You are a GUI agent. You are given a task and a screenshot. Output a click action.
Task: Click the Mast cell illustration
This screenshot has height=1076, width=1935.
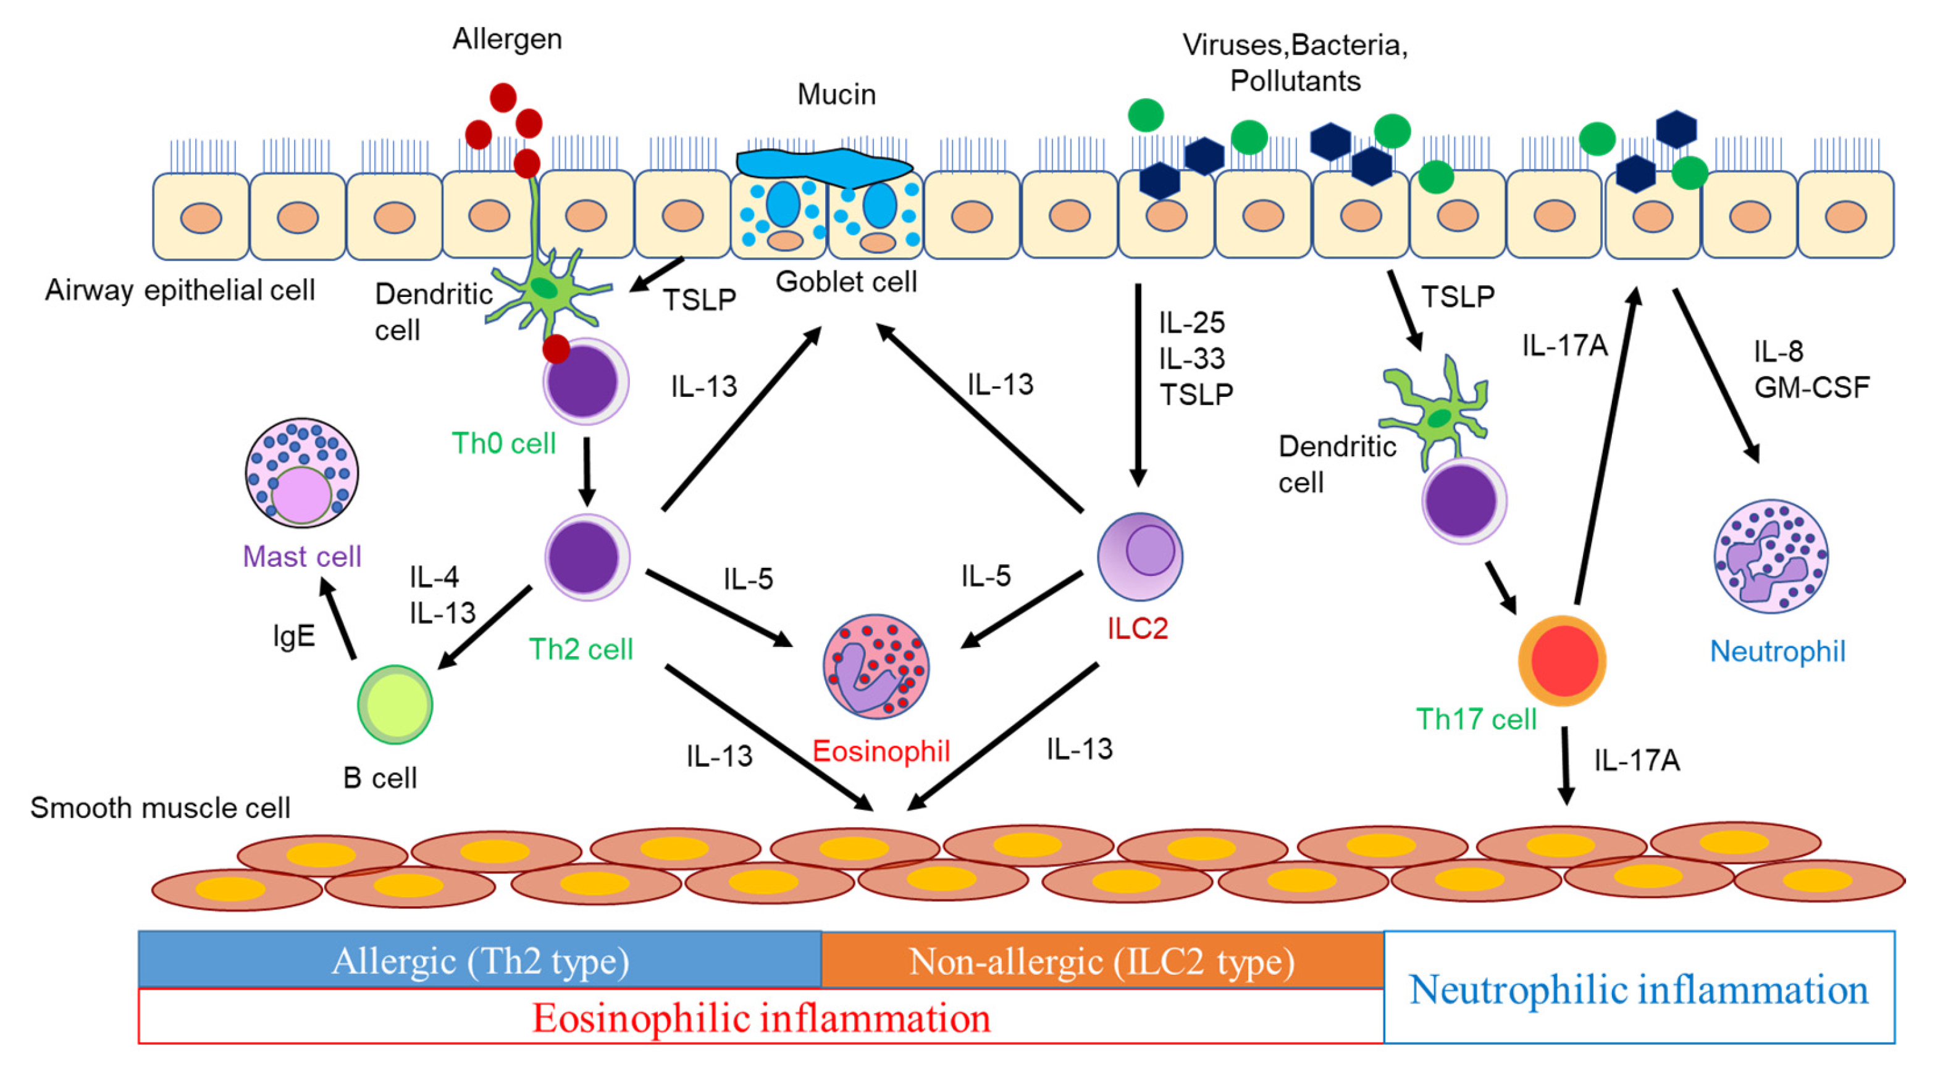click(x=301, y=473)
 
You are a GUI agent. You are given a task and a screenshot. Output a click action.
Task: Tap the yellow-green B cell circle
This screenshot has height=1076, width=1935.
click(x=395, y=704)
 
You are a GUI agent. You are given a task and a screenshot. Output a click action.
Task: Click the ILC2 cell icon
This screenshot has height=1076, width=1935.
click(x=1140, y=556)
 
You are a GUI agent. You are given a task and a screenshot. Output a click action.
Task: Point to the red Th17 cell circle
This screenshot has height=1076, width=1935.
click(x=1563, y=661)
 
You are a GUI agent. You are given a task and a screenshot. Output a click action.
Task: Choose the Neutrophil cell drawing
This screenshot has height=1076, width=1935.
click(x=1771, y=556)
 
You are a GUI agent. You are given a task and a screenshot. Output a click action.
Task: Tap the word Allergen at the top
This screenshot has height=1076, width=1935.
click(x=507, y=39)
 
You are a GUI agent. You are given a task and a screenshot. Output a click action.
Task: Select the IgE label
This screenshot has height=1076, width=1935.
click(x=294, y=636)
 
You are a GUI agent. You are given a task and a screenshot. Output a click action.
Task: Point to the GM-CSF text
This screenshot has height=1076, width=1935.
click(x=1812, y=388)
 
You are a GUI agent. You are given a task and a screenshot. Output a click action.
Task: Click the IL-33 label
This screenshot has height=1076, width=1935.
click(x=1191, y=359)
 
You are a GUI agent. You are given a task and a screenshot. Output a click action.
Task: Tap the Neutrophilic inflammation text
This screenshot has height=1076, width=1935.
click(x=1639, y=989)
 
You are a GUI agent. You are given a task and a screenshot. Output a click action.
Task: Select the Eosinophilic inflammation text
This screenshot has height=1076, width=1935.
click(x=761, y=1018)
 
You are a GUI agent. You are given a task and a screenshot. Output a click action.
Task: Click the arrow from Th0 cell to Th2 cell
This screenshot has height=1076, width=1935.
click(x=587, y=471)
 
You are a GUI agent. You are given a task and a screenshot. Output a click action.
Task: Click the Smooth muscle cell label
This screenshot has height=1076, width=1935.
click(x=160, y=808)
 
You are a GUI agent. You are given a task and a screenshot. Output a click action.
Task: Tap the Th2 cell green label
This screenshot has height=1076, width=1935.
click(x=581, y=649)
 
